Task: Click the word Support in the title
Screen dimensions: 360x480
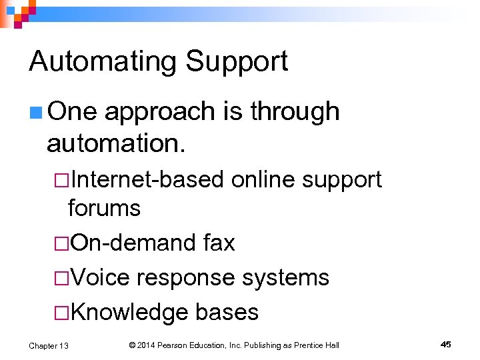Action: (237, 62)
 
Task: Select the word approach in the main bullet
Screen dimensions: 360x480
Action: (160, 112)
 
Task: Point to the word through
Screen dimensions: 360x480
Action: (295, 112)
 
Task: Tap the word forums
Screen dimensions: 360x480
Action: (104, 208)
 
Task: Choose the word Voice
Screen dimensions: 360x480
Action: (99, 277)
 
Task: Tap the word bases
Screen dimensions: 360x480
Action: (227, 312)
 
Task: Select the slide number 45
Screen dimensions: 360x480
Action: (445, 344)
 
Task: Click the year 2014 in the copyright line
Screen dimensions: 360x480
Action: (149, 345)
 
